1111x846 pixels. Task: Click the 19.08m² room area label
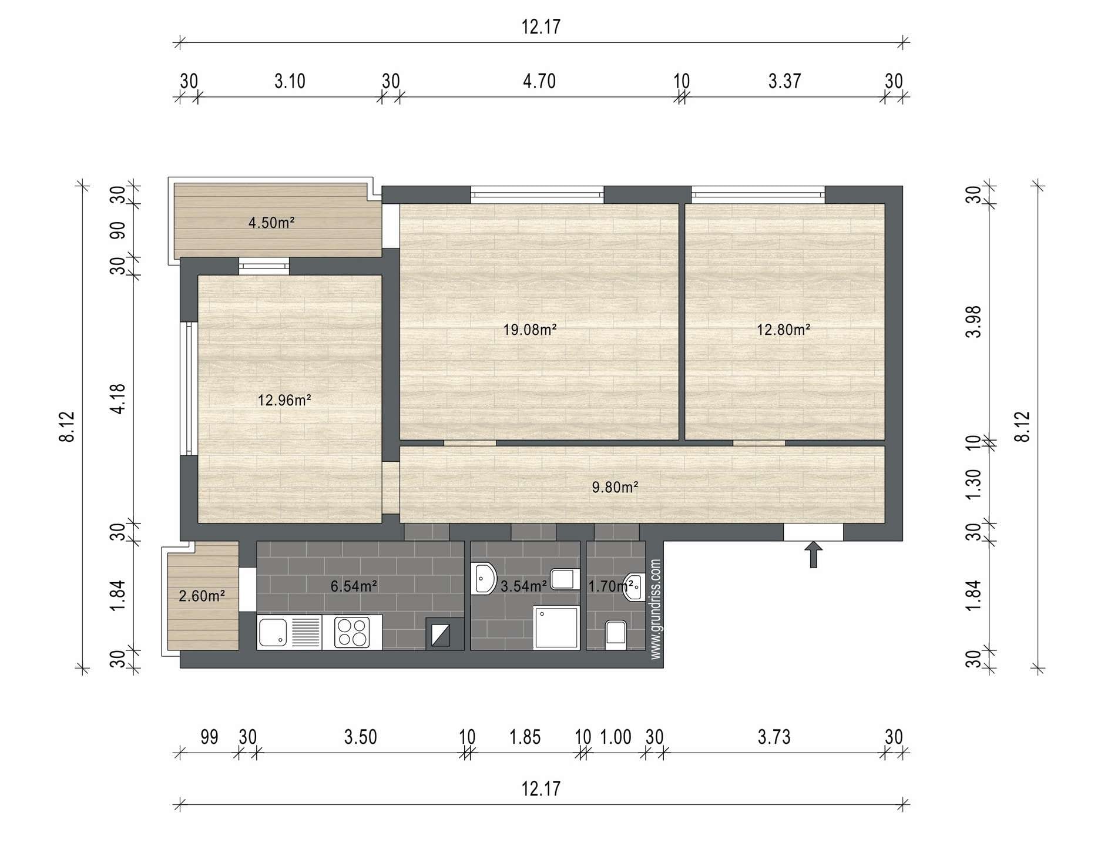[529, 329]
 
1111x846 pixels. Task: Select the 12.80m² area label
[783, 329]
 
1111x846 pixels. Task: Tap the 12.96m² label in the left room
[284, 400]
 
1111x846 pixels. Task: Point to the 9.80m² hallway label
[615, 487]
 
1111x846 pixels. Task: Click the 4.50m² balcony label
[271, 223]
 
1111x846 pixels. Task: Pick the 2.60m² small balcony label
[202, 596]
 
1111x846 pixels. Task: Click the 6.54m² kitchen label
[354, 586]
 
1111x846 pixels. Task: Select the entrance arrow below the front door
[814, 555]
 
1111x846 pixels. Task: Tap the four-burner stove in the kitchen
[352, 632]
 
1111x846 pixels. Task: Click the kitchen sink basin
[273, 632]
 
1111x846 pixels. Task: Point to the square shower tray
[556, 627]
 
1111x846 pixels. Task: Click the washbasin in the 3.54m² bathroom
[484, 579]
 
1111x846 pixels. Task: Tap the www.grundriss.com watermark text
[656, 609]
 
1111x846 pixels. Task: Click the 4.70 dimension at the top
[539, 80]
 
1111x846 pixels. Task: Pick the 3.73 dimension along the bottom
[774, 737]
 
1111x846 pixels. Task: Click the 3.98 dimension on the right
[974, 321]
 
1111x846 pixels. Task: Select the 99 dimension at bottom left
[209, 737]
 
